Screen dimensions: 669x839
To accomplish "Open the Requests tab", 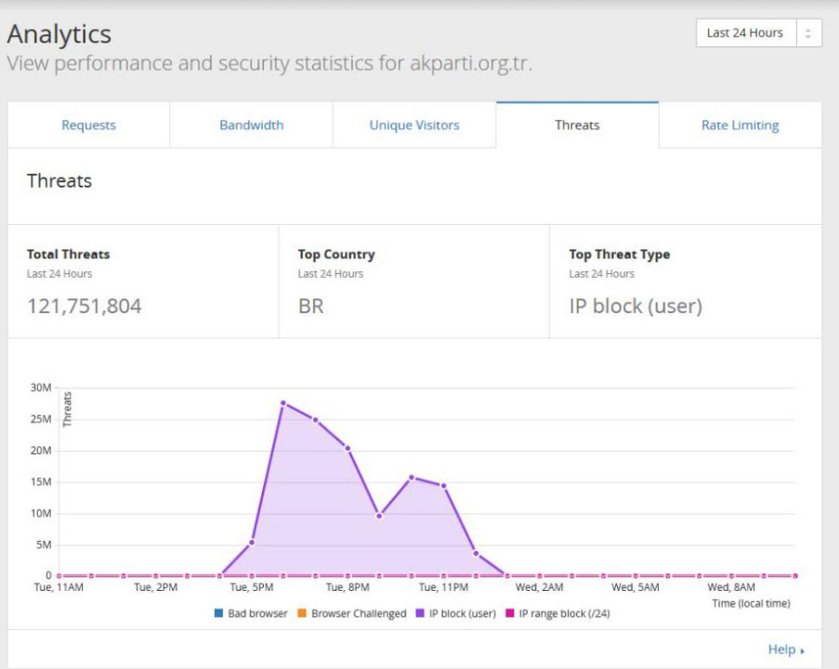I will tap(88, 125).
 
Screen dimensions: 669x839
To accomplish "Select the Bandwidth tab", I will tap(251, 125).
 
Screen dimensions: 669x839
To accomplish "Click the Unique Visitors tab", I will tap(414, 125).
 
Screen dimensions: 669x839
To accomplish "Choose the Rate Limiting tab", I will tap(740, 125).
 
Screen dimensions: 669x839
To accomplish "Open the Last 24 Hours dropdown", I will tap(758, 33).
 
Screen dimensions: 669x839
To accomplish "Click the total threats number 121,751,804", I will tap(85, 306).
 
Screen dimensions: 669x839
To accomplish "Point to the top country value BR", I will tap(310, 306).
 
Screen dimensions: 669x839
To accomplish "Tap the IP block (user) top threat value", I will tap(636, 306).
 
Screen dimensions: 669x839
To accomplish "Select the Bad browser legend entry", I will tap(251, 613).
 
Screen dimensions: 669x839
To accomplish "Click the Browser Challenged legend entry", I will tap(353, 613).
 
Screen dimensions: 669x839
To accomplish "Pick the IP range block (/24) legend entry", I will tap(557, 613).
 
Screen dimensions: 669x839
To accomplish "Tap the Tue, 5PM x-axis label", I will tap(252, 587).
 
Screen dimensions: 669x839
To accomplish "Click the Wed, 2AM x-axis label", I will tap(539, 587).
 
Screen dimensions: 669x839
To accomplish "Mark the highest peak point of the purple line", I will tap(282, 403).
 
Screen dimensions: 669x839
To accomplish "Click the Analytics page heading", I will tap(59, 34).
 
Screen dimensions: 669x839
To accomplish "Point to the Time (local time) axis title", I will tap(751, 603).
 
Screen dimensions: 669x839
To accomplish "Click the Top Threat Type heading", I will tap(619, 254).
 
